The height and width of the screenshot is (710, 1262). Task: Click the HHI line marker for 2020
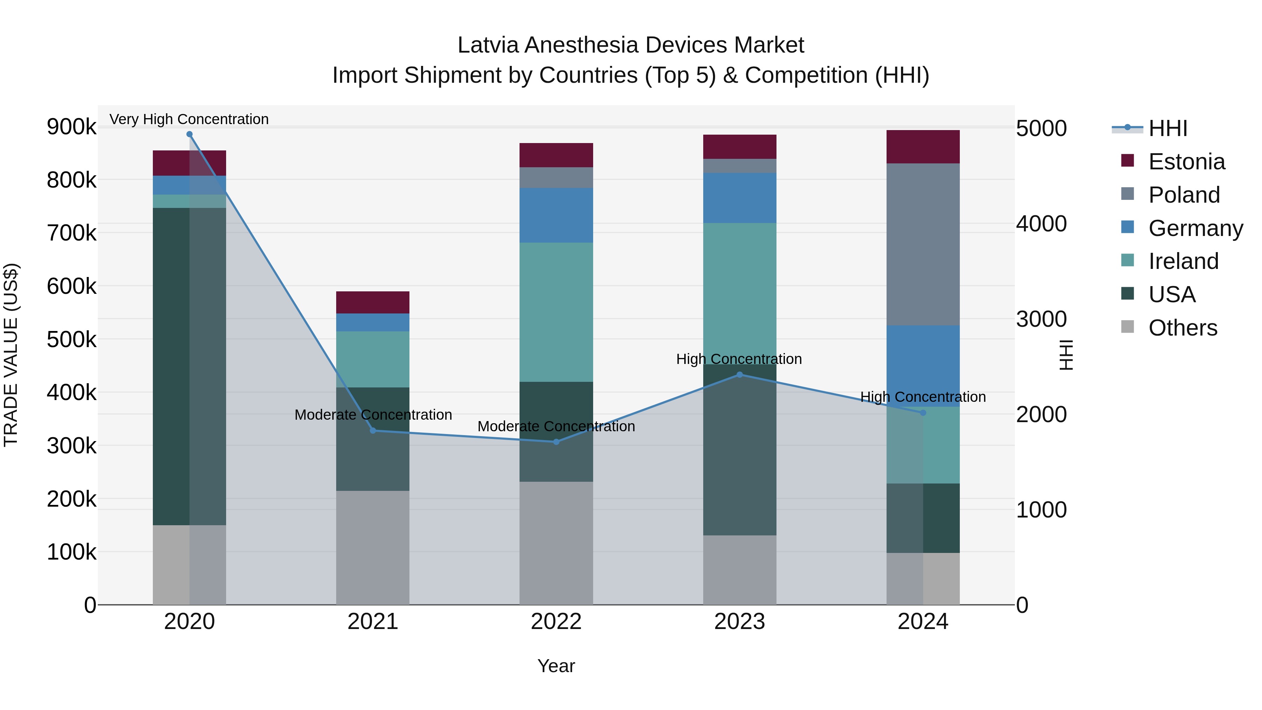190,134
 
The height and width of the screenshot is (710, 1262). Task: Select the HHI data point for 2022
556,442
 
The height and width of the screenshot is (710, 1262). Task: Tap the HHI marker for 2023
740,375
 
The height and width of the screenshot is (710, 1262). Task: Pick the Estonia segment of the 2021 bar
373,302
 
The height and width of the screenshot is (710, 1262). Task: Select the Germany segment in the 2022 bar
556,215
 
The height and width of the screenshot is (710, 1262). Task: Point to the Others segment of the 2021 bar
373,547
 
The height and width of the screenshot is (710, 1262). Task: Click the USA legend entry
1172,295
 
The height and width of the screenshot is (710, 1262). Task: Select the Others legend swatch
1127,327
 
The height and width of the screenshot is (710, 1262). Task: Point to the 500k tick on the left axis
72,339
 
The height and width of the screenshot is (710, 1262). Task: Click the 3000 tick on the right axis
1041,319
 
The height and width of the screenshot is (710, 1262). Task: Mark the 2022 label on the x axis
556,622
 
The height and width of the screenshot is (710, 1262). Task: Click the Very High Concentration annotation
189,119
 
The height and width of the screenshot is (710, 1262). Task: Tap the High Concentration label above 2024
923,397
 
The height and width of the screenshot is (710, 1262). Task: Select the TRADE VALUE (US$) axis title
11,355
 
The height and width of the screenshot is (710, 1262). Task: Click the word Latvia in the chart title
488,45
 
